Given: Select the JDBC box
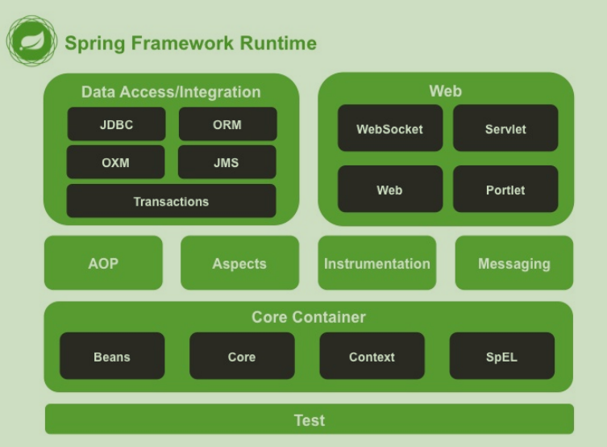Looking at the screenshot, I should pos(116,124).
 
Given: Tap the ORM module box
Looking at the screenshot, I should pos(227,124).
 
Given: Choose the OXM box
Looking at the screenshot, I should pos(116,162).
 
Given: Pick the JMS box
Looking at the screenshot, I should pos(227,162).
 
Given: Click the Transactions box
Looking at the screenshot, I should pos(171,201).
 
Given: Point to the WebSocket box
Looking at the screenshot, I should pos(390,128).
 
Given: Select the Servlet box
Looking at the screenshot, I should pos(505,128).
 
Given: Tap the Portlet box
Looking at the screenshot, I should pos(505,190).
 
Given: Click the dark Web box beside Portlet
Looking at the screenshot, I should pos(390,190).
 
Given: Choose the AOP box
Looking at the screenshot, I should pos(103,263).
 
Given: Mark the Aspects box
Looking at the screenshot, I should pos(239,263).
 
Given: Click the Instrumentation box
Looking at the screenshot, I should pos(376,263).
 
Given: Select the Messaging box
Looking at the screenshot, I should pos(514,263).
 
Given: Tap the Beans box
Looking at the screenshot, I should pos(112,356).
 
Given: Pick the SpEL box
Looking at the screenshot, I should pos(502,356).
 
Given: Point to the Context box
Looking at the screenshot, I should pos(372,356).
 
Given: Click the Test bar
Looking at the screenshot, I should pos(309,420).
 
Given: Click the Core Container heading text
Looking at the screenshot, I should pos(309,317).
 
